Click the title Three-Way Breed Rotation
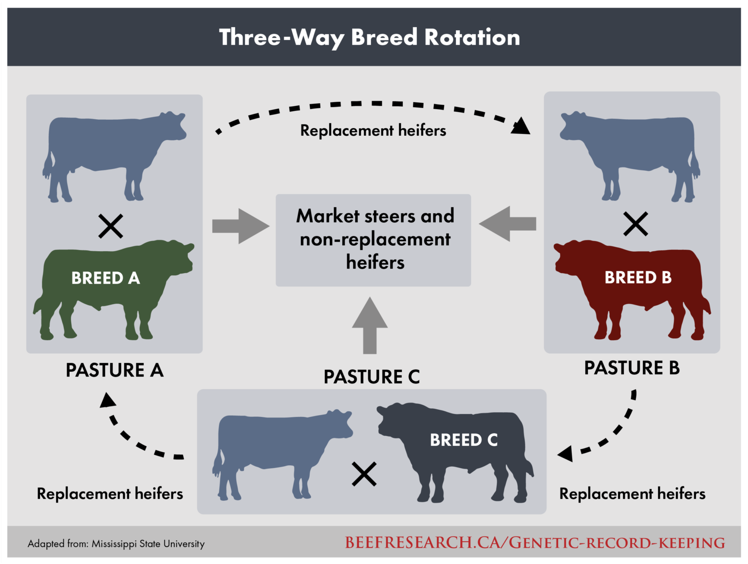click(370, 37)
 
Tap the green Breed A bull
click(107, 287)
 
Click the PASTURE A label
click(114, 370)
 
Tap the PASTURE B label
click(632, 368)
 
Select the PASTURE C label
click(372, 377)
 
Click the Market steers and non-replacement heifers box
click(374, 240)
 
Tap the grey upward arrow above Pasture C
click(370, 325)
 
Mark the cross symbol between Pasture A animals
click(111, 226)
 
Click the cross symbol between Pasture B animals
click(636, 224)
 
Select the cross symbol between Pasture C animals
click(364, 474)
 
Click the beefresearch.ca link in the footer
click(535, 543)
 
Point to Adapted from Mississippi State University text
click(116, 544)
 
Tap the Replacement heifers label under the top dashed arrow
click(373, 130)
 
